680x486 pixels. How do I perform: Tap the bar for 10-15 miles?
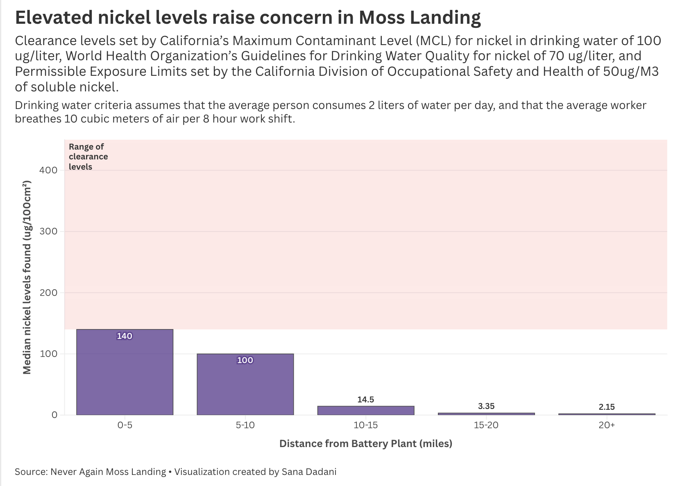pyautogui.click(x=365, y=410)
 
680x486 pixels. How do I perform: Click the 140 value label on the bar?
pyautogui.click(x=125, y=336)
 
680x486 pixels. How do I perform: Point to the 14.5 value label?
pyautogui.click(x=365, y=400)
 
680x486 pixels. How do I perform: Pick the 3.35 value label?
pyautogui.click(x=486, y=406)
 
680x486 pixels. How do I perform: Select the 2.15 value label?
pyautogui.click(x=606, y=407)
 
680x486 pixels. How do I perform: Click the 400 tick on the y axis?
pyautogui.click(x=48, y=170)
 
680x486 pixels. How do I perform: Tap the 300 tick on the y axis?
pyautogui.click(x=48, y=232)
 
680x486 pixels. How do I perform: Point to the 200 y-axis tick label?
pyautogui.click(x=48, y=293)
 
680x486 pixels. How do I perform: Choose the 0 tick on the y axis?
pyautogui.click(x=54, y=415)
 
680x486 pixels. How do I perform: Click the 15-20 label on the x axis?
pyautogui.click(x=486, y=425)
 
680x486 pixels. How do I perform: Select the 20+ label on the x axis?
pyautogui.click(x=606, y=425)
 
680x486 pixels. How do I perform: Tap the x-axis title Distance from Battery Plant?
pyautogui.click(x=365, y=443)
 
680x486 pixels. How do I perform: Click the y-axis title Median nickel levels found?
pyautogui.click(x=27, y=277)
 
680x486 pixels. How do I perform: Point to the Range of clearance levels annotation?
pyautogui.click(x=88, y=157)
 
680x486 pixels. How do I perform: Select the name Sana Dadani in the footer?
pyautogui.click(x=309, y=472)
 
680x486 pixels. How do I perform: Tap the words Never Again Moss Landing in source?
pyautogui.click(x=108, y=472)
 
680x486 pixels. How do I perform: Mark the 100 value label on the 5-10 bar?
pyautogui.click(x=245, y=360)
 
